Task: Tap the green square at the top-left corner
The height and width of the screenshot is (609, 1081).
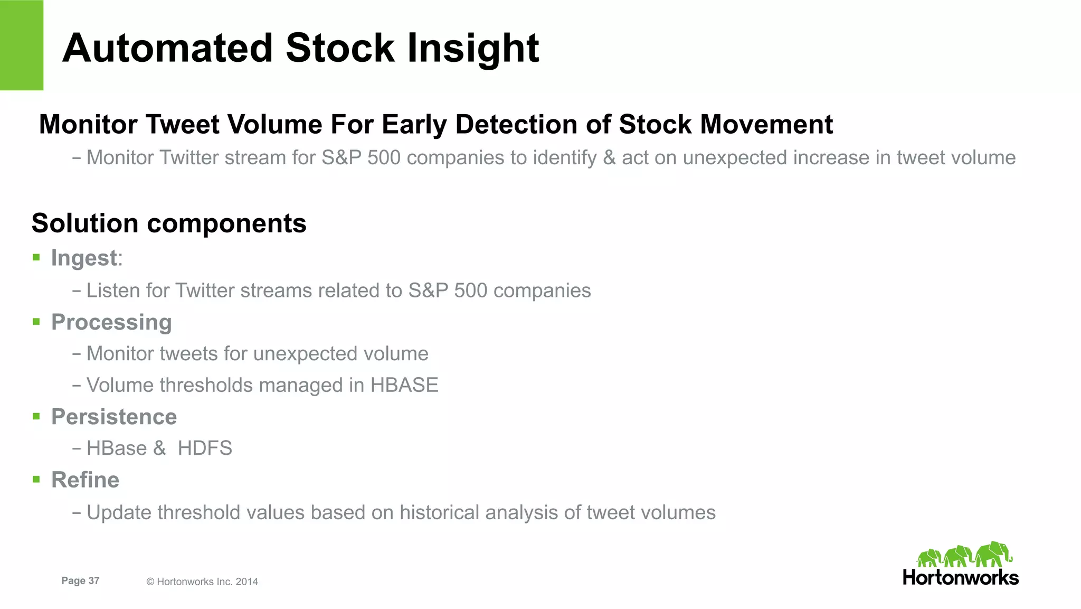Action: tap(21, 45)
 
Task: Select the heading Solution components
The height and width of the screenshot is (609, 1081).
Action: tap(169, 223)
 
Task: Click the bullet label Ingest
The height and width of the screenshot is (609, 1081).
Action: tap(84, 258)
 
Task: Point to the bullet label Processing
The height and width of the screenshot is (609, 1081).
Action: tap(111, 322)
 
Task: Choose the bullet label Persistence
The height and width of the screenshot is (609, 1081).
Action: tap(114, 417)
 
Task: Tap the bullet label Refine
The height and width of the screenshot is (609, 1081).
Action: tap(85, 480)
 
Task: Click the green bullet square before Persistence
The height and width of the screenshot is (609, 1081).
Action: tap(36, 416)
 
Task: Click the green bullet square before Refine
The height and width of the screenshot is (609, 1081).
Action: tap(36, 480)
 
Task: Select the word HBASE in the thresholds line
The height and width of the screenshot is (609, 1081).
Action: tap(404, 385)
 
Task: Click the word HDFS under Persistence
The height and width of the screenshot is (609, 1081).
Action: tap(205, 448)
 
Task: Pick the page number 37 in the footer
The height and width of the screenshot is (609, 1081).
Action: tap(94, 580)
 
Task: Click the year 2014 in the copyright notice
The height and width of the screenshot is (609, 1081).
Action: tap(246, 582)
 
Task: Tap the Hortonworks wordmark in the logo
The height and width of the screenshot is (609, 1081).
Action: tap(961, 577)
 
